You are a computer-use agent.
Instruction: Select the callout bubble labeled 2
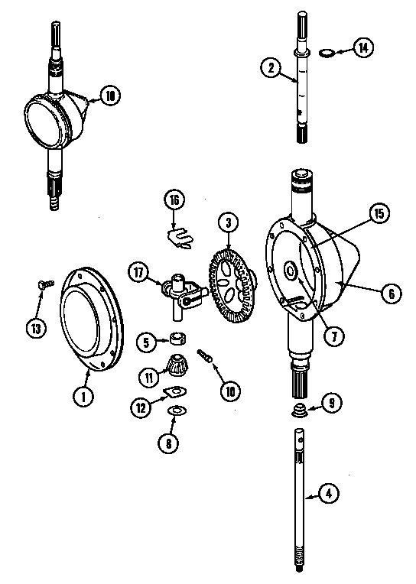(x=269, y=67)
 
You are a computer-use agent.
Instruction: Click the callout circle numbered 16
(x=174, y=200)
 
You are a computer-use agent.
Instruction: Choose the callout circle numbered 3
(x=228, y=224)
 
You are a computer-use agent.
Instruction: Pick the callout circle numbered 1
(x=80, y=396)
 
